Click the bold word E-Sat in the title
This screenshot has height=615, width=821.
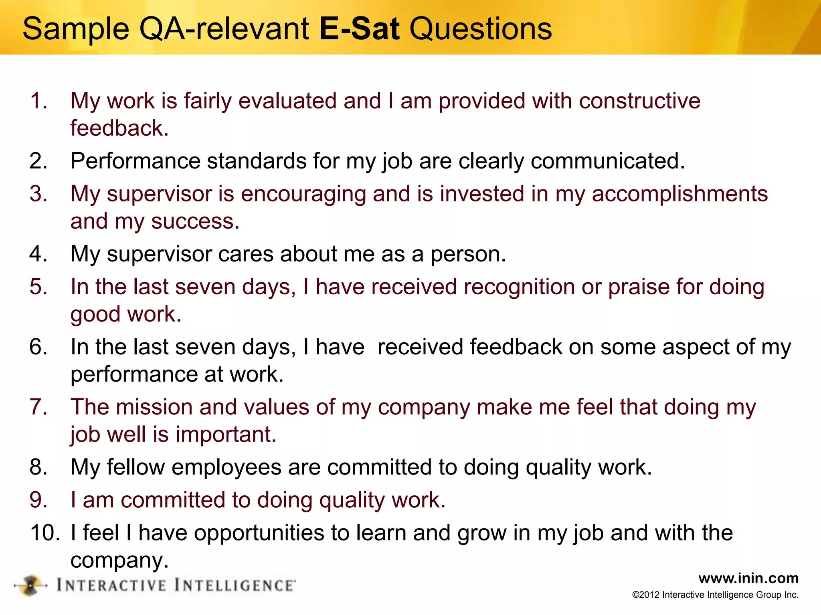click(x=359, y=29)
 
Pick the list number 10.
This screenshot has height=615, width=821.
click(x=45, y=533)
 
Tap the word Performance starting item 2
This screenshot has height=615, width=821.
click(x=135, y=161)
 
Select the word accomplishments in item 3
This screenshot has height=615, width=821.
click(x=679, y=194)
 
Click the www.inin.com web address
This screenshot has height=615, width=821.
click(x=748, y=578)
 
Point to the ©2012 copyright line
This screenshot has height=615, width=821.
click(x=715, y=595)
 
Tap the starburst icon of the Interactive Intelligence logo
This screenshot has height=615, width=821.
click(x=30, y=585)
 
